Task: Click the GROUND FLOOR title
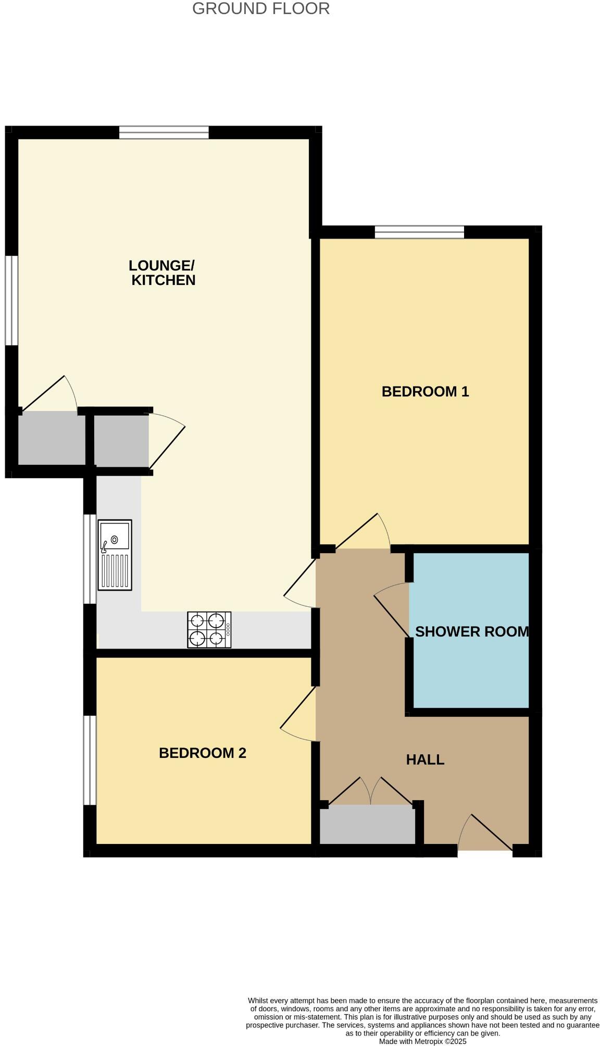pos(260,8)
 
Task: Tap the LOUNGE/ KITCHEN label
pos(162,272)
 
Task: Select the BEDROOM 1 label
pos(425,391)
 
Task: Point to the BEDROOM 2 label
pos(202,753)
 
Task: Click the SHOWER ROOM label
pos(471,631)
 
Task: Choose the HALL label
pos(425,759)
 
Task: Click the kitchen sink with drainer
pos(115,555)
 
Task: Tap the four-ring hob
pos(209,630)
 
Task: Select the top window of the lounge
pos(164,132)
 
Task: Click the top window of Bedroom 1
pos(419,232)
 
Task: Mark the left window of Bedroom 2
pos(90,760)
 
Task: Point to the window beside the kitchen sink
pos(90,559)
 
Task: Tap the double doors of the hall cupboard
pos(370,792)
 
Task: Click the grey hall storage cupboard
pos(367,824)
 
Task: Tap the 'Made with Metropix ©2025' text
pos(422,1041)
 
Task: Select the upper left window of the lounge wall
pos(11,300)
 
